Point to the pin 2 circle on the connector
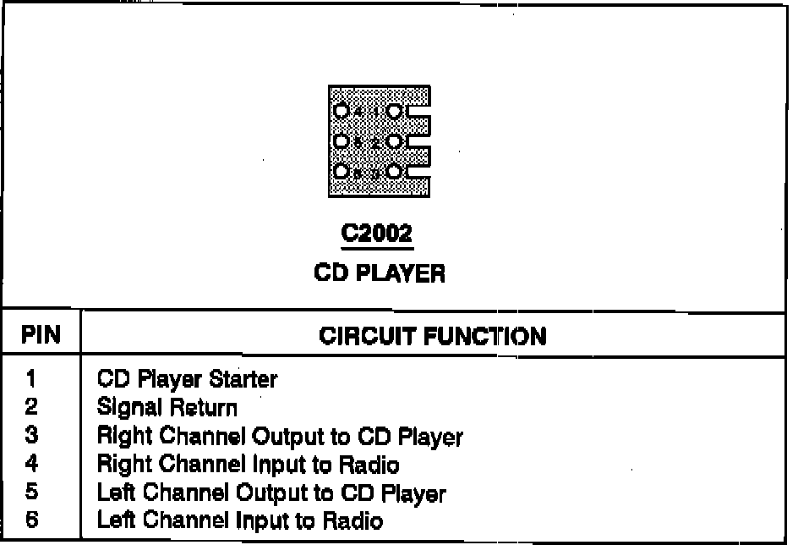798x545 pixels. [395, 141]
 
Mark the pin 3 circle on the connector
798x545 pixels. [395, 172]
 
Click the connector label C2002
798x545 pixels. [378, 234]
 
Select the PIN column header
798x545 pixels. [41, 336]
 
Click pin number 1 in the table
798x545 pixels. [30, 379]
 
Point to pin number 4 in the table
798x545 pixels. [30, 465]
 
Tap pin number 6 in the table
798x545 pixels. [30, 520]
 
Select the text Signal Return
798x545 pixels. [167, 408]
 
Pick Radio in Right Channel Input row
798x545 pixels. [369, 465]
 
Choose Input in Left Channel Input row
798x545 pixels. [243, 520]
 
